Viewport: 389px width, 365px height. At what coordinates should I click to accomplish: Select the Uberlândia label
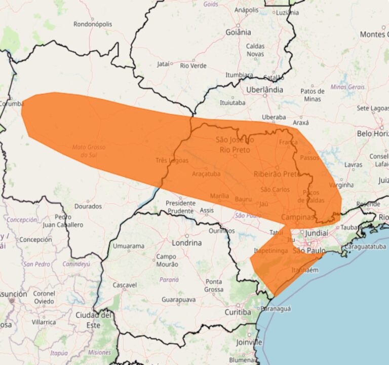264,89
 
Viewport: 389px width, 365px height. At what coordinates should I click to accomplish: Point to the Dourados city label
88,206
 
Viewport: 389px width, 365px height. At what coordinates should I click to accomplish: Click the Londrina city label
186,242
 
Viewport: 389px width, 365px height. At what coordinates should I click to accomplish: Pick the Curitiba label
238,312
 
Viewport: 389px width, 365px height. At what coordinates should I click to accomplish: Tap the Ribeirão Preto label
277,174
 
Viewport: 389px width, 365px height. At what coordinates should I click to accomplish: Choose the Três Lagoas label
172,161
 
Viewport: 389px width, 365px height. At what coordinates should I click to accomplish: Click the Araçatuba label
206,174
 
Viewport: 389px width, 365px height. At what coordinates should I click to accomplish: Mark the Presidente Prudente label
180,206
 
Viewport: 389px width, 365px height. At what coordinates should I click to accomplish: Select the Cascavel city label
125,285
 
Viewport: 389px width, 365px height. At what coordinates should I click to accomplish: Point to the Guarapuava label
178,300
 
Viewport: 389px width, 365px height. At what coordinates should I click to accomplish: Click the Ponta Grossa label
214,285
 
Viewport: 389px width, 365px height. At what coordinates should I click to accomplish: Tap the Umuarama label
128,246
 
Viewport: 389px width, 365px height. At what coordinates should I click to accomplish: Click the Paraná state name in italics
169,279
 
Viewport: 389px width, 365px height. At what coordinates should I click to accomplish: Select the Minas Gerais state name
347,87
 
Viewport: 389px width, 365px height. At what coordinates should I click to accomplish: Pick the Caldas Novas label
255,50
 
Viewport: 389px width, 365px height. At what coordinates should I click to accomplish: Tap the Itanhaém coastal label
305,270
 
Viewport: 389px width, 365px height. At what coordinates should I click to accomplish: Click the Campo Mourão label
166,260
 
